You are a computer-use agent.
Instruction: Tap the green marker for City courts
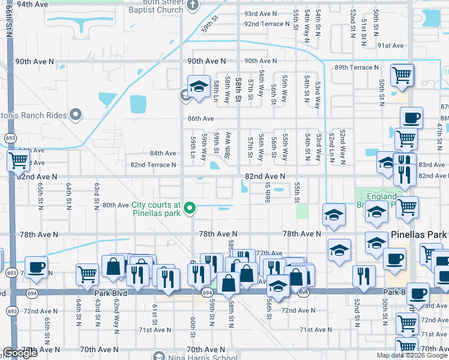pyautogui.click(x=190, y=208)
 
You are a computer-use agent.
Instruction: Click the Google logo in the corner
pyautogui.click(x=20, y=353)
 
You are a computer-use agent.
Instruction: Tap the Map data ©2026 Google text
pyautogui.click(x=412, y=355)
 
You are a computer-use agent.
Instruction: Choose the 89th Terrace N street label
pyautogui.click(x=358, y=67)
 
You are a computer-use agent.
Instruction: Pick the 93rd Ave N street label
pyautogui.click(x=261, y=13)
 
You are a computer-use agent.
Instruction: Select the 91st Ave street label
pyautogui.click(x=390, y=45)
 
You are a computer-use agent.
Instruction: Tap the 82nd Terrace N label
pyautogui.click(x=154, y=164)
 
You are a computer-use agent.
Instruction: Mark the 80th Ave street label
pyautogui.click(x=115, y=205)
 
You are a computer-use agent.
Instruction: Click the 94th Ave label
pyautogui.click(x=32, y=4)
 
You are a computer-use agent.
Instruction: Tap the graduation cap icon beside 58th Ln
pyautogui.click(x=199, y=88)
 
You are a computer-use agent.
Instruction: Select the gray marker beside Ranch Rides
pyautogui.click(x=76, y=113)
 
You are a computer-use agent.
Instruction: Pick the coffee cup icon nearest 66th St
pyautogui.click(x=36, y=267)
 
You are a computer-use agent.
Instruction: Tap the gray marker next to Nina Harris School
pyautogui.click(x=158, y=355)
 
